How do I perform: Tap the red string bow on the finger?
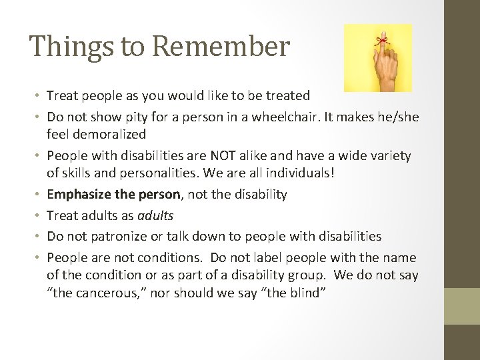[x=383, y=41]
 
